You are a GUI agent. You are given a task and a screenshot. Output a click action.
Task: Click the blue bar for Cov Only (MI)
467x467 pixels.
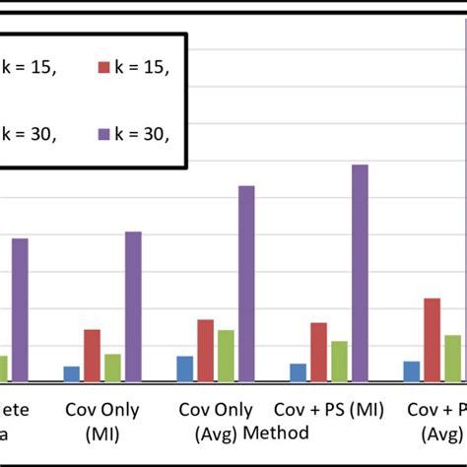click(71, 373)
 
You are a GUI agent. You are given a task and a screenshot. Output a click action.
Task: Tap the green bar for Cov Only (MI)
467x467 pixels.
click(112, 367)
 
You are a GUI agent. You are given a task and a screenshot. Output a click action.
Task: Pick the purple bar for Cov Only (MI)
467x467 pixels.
click(133, 306)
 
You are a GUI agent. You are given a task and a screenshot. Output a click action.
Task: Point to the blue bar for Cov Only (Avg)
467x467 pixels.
click(184, 368)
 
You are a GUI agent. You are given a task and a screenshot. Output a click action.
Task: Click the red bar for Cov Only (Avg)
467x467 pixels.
click(205, 350)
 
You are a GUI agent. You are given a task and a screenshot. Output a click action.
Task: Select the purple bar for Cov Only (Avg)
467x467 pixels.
click(246, 283)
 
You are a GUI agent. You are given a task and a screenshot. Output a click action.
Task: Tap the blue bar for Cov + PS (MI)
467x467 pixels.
click(298, 371)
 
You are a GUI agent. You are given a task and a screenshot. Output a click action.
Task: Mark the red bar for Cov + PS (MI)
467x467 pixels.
click(318, 352)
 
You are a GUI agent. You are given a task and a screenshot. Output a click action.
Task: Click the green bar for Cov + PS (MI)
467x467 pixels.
click(339, 361)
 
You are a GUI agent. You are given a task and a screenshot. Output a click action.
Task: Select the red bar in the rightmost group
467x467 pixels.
click(432, 339)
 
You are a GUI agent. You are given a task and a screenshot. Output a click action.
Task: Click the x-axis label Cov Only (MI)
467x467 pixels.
click(102, 421)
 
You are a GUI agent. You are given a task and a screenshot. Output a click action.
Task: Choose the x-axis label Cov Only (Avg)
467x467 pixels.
click(213, 421)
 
